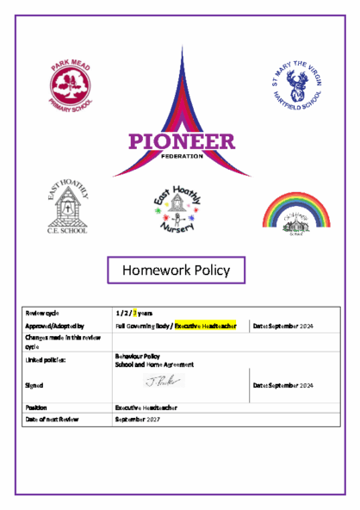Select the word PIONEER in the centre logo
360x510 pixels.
(x=180, y=141)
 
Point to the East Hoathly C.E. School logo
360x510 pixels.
(x=67, y=208)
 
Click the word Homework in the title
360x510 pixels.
(x=154, y=270)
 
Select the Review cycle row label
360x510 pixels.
(x=42, y=313)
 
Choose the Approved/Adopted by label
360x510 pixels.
(x=54, y=327)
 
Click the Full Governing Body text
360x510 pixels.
(x=142, y=327)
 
